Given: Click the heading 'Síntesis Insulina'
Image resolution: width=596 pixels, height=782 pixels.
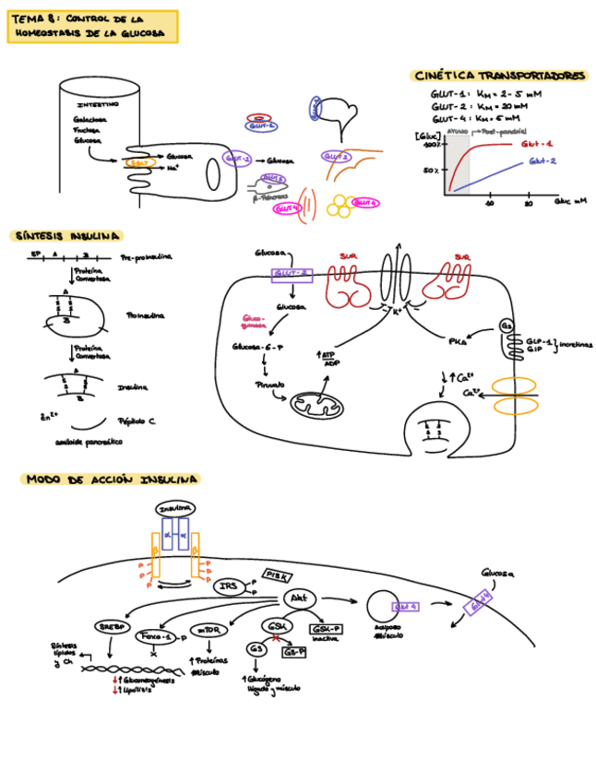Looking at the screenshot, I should point(66,237).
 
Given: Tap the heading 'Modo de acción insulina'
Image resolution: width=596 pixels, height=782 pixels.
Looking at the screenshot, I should point(111,480).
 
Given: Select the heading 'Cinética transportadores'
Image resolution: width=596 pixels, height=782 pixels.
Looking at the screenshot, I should point(499,77).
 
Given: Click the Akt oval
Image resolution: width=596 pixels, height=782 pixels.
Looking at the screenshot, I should point(299,598).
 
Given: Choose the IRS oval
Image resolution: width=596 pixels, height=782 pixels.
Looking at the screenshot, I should point(229,586).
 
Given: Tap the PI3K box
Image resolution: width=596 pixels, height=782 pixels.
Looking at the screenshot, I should point(277,575).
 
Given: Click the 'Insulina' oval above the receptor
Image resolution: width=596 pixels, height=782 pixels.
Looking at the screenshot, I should point(174,509).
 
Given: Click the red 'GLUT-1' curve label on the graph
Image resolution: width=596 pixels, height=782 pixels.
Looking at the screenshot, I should point(537,144).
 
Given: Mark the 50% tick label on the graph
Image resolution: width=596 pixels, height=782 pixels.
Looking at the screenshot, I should point(431,171).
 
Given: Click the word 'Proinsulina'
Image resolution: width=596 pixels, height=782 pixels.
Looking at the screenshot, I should point(145,314).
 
